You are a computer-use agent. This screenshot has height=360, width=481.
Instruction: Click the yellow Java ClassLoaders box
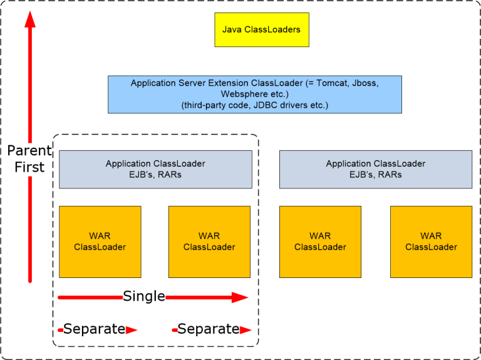262,29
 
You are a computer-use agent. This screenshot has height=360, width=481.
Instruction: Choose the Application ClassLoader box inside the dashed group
155,169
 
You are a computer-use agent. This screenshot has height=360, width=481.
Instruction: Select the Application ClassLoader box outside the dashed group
376,169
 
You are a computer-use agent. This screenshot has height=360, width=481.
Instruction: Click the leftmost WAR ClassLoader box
100,242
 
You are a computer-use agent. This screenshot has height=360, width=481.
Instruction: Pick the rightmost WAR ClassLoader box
431,242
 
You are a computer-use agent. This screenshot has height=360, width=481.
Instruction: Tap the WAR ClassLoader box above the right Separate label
209,242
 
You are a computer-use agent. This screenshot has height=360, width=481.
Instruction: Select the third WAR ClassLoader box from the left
320,242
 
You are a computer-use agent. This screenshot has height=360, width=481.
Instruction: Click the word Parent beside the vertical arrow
29,151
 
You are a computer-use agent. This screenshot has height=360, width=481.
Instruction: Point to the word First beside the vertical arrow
29,167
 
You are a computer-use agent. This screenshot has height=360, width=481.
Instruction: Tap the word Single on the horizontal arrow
144,296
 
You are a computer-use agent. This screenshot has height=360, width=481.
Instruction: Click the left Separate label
94,329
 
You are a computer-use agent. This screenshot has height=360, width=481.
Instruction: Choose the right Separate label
208,329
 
